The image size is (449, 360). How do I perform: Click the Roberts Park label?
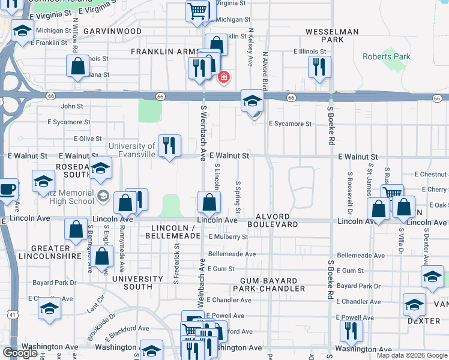click(386, 57)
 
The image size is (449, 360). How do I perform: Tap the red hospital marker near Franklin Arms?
click(224, 77)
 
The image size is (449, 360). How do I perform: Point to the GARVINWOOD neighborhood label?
click(112, 31)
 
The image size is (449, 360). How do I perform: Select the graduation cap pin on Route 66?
click(253, 100)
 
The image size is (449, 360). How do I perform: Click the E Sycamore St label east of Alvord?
click(290, 124)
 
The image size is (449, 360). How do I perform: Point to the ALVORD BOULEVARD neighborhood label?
click(277, 220)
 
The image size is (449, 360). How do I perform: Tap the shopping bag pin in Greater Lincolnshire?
click(76, 230)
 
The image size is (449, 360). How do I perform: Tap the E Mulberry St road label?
click(228, 237)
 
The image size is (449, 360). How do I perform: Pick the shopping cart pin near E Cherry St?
click(392, 193)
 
